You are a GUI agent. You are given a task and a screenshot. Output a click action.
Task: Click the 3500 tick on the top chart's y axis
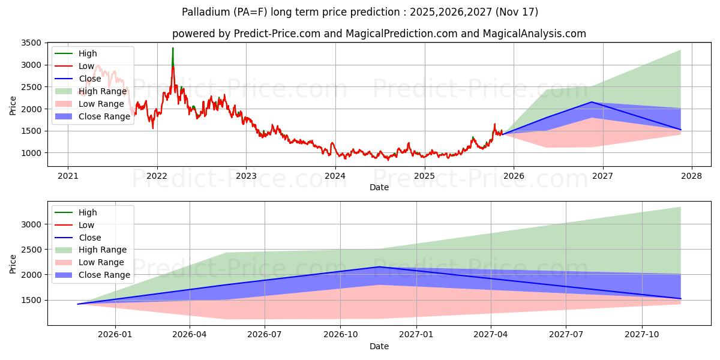[31, 43]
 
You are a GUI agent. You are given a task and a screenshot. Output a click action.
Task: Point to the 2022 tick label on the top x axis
[157, 176]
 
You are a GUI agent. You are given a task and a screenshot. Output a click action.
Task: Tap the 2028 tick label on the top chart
[691, 176]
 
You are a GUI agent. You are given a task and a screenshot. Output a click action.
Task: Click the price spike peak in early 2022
[173, 48]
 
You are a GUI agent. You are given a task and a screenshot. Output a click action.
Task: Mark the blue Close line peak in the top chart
[592, 102]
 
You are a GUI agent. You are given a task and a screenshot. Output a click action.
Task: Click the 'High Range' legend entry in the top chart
[103, 91]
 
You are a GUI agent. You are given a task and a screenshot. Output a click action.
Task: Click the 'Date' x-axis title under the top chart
[379, 187]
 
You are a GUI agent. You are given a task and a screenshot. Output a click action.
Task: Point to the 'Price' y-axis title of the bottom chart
[13, 263]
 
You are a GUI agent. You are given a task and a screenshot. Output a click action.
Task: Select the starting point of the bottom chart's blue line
[78, 304]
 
